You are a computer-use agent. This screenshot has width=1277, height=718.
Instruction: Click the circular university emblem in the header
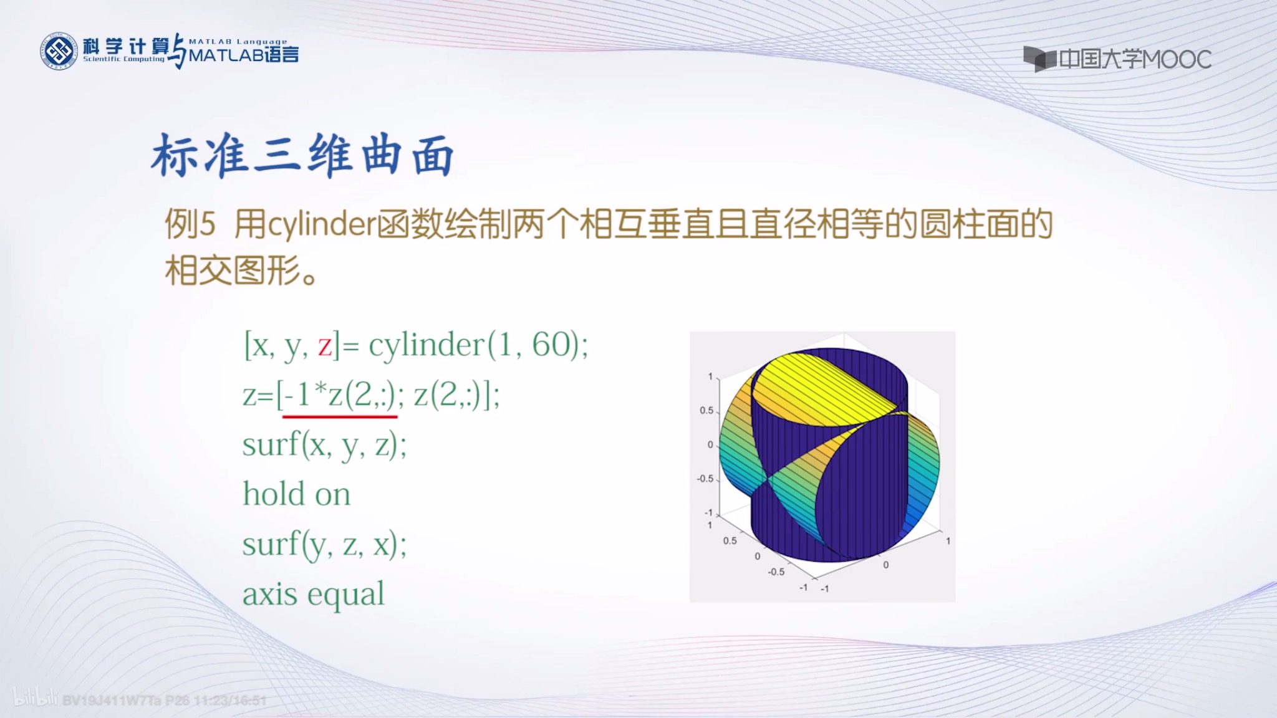click(x=59, y=51)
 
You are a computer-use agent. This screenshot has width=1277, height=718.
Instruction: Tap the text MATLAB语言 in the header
click(x=244, y=55)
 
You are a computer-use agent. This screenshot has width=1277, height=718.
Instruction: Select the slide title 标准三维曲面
click(x=302, y=155)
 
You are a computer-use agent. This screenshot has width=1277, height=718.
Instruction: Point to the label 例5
click(x=190, y=224)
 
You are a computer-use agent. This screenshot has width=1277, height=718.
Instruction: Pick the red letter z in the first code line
click(x=325, y=345)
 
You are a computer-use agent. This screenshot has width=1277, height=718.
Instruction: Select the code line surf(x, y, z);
click(x=324, y=445)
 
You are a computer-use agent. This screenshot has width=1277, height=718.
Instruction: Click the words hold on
click(x=297, y=494)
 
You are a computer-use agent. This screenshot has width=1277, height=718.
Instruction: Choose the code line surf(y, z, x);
click(x=324, y=544)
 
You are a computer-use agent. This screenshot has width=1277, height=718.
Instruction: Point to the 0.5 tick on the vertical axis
click(x=706, y=411)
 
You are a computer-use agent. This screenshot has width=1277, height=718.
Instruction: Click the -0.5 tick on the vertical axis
click(x=705, y=479)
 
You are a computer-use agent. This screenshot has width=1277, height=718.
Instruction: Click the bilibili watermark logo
click(x=35, y=697)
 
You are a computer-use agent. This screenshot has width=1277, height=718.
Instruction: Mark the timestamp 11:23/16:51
click(x=230, y=701)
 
